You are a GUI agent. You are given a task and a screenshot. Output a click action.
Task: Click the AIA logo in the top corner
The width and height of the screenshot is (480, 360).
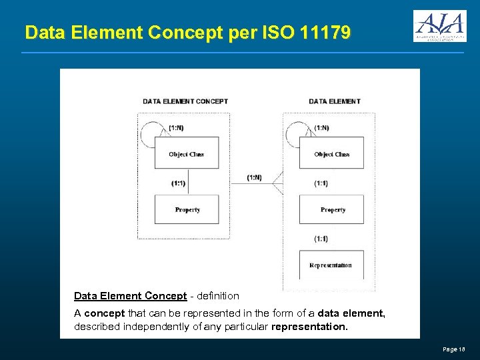click(x=439, y=26)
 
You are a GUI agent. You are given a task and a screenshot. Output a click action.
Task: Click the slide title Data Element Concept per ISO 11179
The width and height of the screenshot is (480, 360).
click(x=187, y=32)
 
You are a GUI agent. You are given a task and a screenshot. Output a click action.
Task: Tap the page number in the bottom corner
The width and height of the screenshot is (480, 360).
click(x=453, y=349)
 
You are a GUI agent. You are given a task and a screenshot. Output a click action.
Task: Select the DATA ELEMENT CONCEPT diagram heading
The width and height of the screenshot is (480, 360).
click(x=185, y=101)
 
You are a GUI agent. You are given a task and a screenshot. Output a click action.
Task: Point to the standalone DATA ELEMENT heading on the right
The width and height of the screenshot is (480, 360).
click(x=335, y=101)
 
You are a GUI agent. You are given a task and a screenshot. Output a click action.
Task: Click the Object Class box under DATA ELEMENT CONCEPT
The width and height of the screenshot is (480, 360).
click(x=187, y=153)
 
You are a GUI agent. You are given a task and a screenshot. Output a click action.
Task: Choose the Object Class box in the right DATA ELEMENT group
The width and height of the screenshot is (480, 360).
click(x=332, y=153)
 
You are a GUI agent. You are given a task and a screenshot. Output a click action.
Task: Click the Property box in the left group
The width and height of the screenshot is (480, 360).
click(x=187, y=209)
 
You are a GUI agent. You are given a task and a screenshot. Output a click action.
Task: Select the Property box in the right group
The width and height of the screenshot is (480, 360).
click(x=332, y=209)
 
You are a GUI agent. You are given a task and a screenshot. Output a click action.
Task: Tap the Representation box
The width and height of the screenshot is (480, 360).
click(x=331, y=265)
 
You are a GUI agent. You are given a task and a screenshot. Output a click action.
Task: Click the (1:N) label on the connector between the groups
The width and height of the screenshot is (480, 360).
click(x=254, y=177)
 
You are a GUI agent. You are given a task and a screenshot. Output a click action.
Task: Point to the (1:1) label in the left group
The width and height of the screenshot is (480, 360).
click(x=178, y=183)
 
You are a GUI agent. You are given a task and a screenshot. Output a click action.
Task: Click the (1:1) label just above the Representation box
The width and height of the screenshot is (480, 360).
click(x=321, y=239)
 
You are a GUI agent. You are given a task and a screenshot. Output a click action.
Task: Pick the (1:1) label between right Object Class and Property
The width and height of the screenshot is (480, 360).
click(x=321, y=183)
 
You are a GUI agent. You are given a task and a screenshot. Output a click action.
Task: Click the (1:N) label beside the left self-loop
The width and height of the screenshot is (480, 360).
click(x=177, y=128)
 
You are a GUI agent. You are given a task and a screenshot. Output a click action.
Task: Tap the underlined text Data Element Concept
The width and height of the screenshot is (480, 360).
click(x=130, y=296)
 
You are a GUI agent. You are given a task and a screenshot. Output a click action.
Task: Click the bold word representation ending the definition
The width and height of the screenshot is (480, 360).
click(x=310, y=327)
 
